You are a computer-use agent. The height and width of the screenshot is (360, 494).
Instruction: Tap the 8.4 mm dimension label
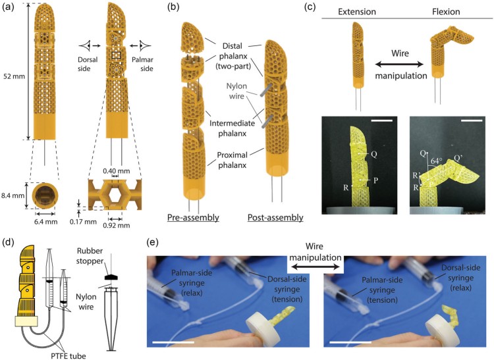pyautogui.click(x=13, y=195)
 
